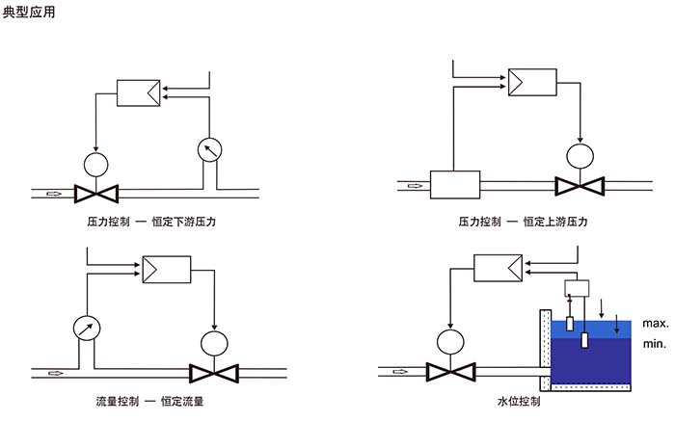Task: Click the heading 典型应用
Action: [x=31, y=14]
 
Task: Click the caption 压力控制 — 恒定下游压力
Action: [x=151, y=222]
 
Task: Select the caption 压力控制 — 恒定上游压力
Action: [x=523, y=222]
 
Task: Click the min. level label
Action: [x=654, y=343]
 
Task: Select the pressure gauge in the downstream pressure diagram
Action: [x=209, y=148]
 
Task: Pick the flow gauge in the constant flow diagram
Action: [x=87, y=328]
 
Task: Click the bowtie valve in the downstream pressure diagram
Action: [x=96, y=193]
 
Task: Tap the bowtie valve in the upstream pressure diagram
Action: [x=580, y=184]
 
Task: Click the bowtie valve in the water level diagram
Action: [x=448, y=371]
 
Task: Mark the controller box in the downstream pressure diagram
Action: [x=138, y=92]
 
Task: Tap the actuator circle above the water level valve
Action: [x=448, y=340]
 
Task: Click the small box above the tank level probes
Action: [x=576, y=287]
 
